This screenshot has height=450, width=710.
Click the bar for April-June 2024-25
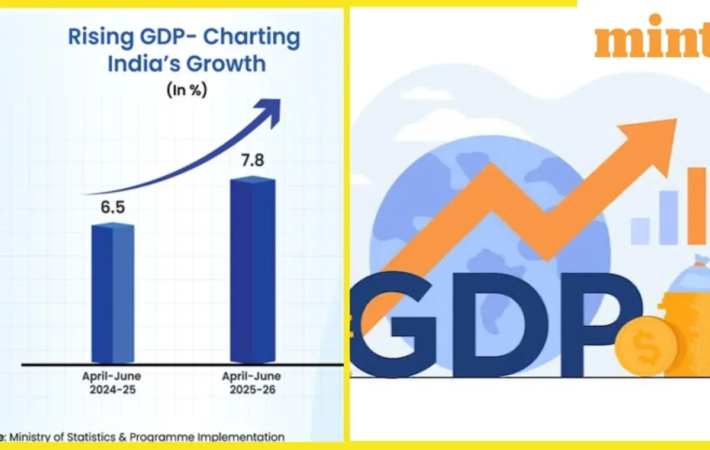coord(113,292)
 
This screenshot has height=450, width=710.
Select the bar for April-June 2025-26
coord(253,269)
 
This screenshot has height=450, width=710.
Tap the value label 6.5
coord(113,207)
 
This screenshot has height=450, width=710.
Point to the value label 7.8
coord(252,160)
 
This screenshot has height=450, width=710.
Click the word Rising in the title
coord(101,37)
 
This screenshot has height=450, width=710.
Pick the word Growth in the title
coord(225,64)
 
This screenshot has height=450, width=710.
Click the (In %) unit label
coord(187,90)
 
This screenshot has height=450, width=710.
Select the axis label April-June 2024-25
coord(112,382)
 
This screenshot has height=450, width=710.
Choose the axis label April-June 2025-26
coord(251,382)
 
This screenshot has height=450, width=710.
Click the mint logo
coord(652,37)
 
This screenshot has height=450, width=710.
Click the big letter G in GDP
coord(392,324)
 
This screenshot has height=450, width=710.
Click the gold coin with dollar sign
coord(647,346)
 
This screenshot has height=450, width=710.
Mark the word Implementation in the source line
coord(241,437)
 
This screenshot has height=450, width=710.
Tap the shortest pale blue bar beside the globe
coord(640,231)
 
